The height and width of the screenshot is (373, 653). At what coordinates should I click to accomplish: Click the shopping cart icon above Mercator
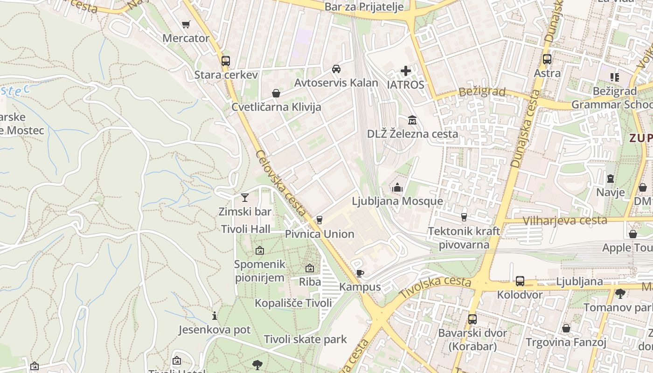tap(186, 24)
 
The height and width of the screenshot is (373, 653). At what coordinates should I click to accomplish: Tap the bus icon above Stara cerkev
tap(226, 61)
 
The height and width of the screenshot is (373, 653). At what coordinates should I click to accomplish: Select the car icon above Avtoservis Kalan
tap(336, 69)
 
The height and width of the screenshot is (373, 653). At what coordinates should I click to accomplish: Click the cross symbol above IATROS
tap(406, 71)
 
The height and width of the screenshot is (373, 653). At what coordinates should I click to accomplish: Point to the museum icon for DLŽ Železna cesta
tap(412, 120)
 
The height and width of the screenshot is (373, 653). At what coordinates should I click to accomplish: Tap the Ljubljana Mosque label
tap(397, 201)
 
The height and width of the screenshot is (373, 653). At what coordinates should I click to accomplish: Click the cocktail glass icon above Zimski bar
tap(245, 198)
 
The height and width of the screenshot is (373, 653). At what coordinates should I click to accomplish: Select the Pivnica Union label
tap(320, 234)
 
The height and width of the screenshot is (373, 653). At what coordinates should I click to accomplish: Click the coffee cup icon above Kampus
tap(360, 273)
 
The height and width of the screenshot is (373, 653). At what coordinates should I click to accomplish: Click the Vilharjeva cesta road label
tap(565, 221)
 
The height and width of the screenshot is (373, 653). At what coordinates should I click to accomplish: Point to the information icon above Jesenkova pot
tap(214, 316)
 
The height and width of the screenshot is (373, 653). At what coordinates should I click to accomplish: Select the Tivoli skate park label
tap(306, 339)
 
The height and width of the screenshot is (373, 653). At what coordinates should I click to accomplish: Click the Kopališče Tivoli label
tap(293, 303)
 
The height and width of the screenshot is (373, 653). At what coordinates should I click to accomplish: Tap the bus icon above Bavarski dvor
tap(472, 319)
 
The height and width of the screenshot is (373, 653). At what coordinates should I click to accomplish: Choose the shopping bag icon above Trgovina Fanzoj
tap(566, 329)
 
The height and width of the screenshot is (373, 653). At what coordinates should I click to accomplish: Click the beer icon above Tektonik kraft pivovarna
tap(464, 217)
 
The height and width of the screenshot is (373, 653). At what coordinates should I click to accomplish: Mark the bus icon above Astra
tap(547, 60)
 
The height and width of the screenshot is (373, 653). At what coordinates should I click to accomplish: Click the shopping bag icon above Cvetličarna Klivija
tap(276, 93)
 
